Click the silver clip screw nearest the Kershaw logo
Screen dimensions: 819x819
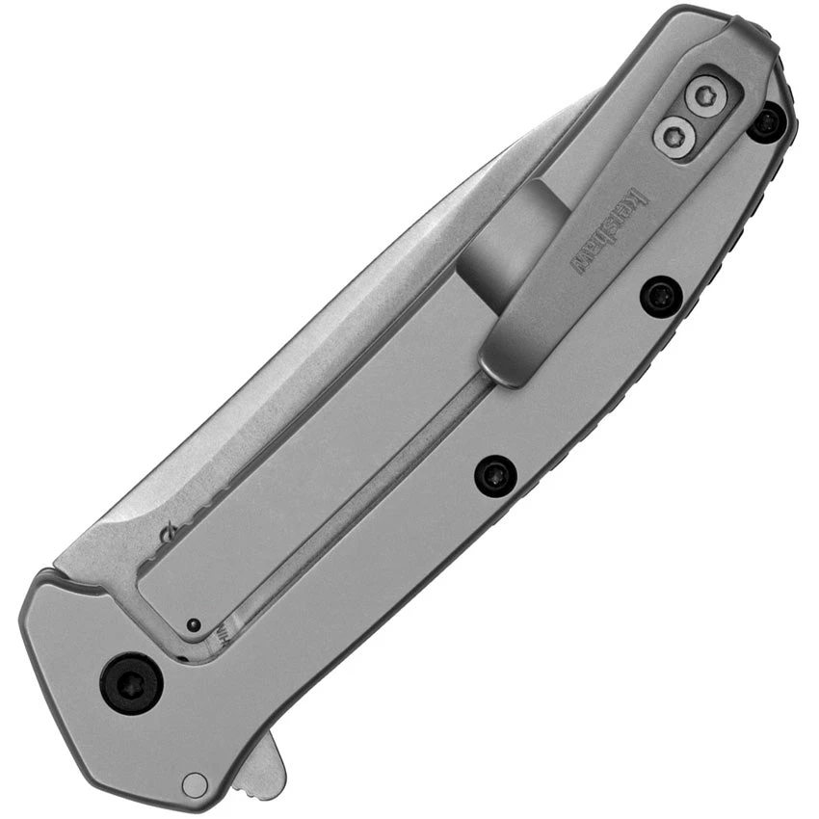[x=674, y=136]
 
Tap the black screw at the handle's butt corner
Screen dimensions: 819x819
[x=767, y=122]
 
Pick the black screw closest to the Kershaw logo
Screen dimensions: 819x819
[x=662, y=295]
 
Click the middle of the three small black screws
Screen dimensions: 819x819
[x=662, y=295]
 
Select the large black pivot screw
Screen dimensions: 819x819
[x=132, y=683]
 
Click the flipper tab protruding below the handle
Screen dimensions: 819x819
[x=258, y=761]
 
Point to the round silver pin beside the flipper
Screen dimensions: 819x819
[x=195, y=784]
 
